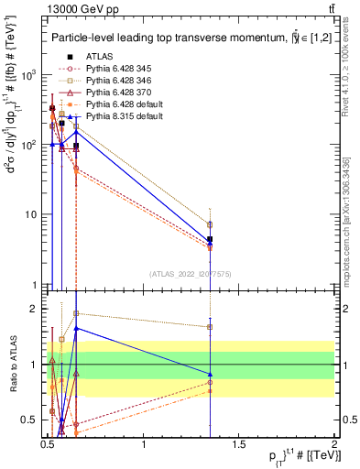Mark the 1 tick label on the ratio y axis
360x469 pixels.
[x=37, y=365]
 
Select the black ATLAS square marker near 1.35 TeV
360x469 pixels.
[x=211, y=239]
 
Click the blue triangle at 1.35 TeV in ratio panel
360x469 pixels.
[x=211, y=374]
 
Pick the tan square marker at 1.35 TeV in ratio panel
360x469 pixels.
[x=211, y=326]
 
